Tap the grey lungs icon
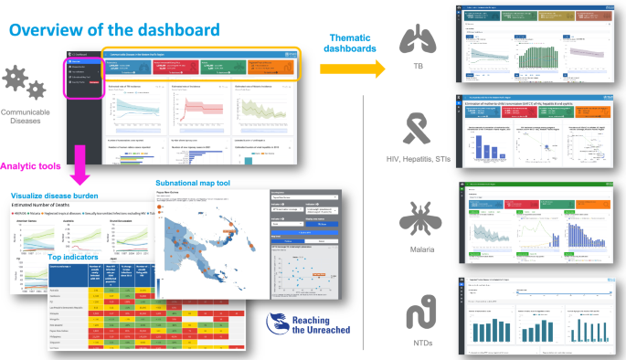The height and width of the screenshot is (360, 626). (x=418, y=40)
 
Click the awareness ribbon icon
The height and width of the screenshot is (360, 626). (x=418, y=127)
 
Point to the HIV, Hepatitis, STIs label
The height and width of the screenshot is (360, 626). (x=418, y=161)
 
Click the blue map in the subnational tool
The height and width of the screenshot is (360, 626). (x=204, y=243)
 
